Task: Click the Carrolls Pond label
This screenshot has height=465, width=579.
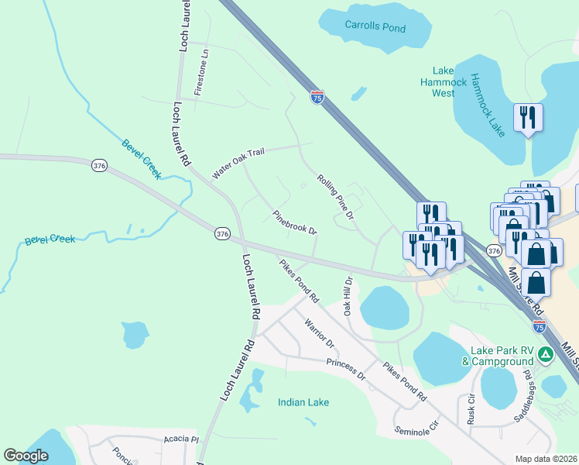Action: click(375, 27)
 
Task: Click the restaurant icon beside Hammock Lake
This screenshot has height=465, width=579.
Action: click(528, 118)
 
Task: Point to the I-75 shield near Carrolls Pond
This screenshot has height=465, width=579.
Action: click(317, 97)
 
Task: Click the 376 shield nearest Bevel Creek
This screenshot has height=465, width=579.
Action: click(98, 166)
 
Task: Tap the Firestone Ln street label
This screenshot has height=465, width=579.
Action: click(202, 73)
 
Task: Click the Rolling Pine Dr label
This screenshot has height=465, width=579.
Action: click(335, 196)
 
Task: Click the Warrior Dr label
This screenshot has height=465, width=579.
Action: click(319, 332)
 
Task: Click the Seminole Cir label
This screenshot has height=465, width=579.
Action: click(416, 426)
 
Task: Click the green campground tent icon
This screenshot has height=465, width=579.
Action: click(546, 355)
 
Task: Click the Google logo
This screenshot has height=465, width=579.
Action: click(26, 456)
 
